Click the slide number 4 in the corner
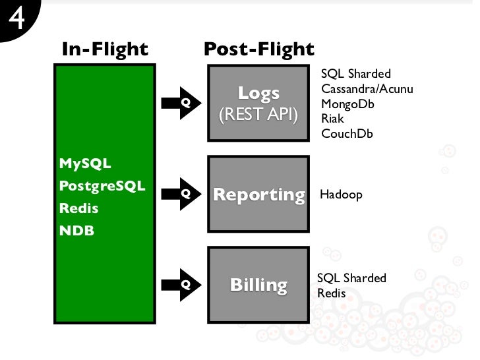[x=16, y=18]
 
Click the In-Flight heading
[x=105, y=49]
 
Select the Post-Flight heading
[x=258, y=49]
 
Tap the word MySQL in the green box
[x=85, y=163]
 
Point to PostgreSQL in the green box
[x=102, y=185]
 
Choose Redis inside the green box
[x=78, y=208]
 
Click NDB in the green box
[x=76, y=231]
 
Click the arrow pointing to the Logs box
[x=185, y=103]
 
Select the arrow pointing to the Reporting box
[x=185, y=194]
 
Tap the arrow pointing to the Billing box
[x=185, y=284]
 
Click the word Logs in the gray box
[x=258, y=93]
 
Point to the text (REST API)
[x=258, y=115]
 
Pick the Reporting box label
[x=258, y=195]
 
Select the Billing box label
[x=258, y=285]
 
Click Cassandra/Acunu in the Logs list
[x=367, y=88]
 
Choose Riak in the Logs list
[x=332, y=119]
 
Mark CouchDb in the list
[x=347, y=134]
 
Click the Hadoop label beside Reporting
[x=341, y=195]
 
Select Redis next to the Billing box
[x=331, y=293]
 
